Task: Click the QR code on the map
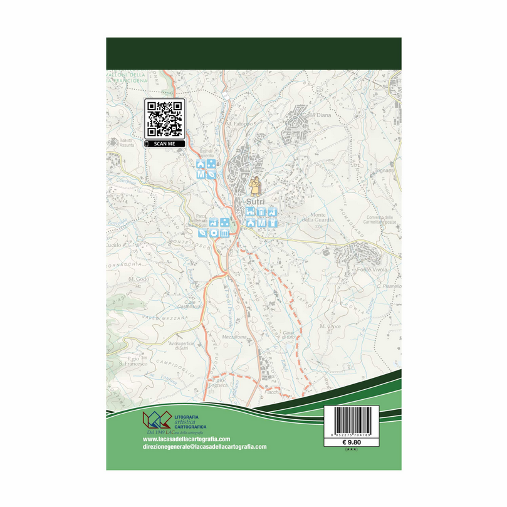(x=164, y=119)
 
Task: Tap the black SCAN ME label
(x=165, y=144)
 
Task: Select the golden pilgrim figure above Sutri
(x=255, y=186)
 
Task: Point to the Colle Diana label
(x=315, y=115)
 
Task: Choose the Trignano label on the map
(x=384, y=170)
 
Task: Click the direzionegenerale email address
(x=200, y=447)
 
